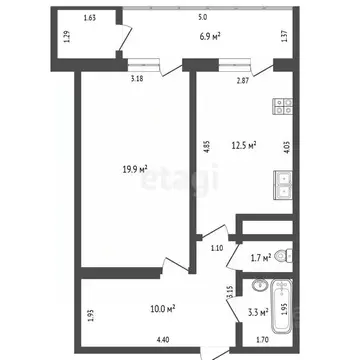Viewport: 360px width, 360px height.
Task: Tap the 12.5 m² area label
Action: click(245, 145)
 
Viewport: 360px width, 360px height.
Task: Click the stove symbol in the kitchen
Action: click(283, 103)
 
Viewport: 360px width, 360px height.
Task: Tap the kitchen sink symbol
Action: click(283, 184)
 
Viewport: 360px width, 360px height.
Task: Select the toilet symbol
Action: click(283, 254)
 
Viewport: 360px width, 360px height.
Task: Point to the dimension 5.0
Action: click(202, 18)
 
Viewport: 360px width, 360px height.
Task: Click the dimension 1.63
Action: click(90, 18)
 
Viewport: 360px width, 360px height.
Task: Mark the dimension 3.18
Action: click(134, 78)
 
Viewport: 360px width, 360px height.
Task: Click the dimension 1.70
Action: click(262, 340)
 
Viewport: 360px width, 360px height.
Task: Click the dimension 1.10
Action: click(216, 248)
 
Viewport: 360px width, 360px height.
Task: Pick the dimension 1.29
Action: click(66, 38)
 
